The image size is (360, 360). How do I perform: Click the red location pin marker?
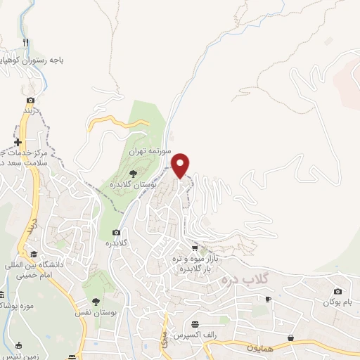[x=181, y=165]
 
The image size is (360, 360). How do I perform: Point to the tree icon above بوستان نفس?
[x=96, y=301]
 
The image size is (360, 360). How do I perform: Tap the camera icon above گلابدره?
[x=115, y=233]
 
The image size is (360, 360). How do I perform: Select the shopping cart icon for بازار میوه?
[x=195, y=248]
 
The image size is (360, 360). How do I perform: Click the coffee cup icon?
[x=268, y=300]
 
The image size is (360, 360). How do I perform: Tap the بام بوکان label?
[x=337, y=302]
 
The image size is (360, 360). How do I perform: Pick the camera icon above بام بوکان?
[x=337, y=291]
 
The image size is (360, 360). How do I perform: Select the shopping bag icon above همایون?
[x=290, y=338]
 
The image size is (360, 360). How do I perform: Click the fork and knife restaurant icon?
[x=26, y=43]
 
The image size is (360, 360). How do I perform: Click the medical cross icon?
[x=18, y=142]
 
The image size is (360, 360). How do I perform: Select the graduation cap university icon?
[x=34, y=254]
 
